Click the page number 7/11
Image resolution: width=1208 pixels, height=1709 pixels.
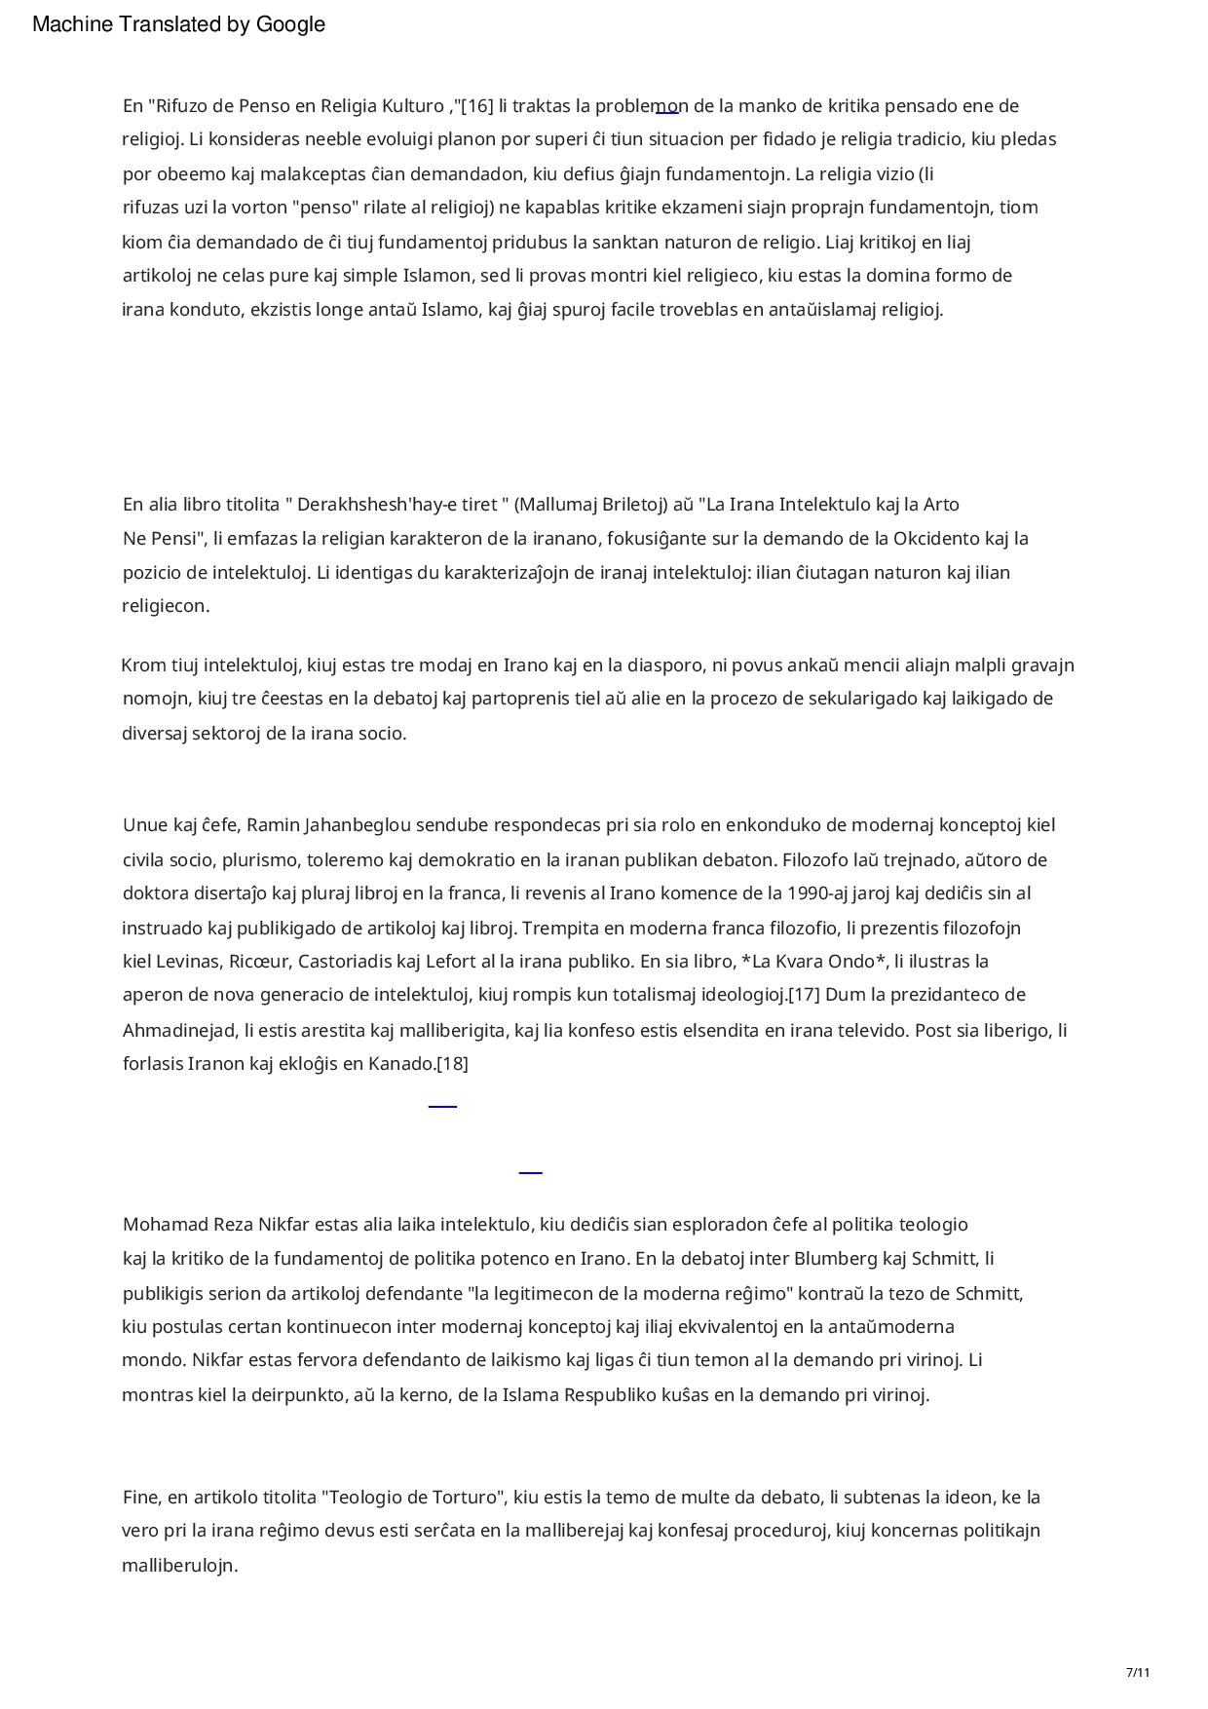pos(1138,1673)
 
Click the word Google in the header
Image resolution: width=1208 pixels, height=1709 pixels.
pos(290,24)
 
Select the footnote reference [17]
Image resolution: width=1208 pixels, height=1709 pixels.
pos(804,995)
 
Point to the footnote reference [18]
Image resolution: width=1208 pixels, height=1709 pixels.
pos(452,1064)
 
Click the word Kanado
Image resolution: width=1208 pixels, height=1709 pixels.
pos(400,1064)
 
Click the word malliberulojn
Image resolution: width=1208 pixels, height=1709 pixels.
pos(179,1566)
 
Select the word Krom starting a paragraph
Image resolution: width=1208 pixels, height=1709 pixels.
pos(143,665)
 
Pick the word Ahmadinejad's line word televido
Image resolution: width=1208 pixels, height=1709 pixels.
pos(871,1031)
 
